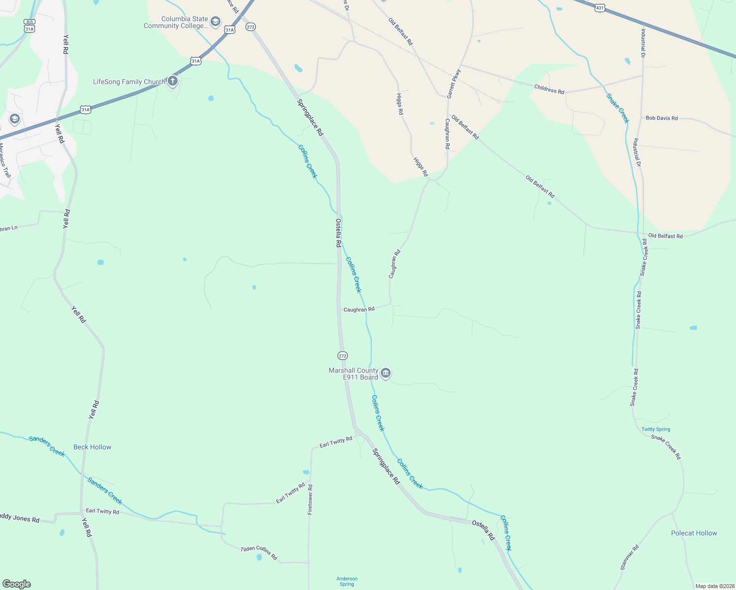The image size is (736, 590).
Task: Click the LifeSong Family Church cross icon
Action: (172, 81)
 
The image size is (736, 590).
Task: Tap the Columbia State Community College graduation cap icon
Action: (215, 22)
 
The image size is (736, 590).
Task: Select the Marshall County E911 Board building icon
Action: (386, 374)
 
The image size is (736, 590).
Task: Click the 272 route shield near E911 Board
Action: (342, 355)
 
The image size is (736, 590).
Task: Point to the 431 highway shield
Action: (600, 8)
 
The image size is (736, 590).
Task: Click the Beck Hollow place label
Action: (92, 447)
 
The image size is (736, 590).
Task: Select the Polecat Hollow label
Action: (694, 533)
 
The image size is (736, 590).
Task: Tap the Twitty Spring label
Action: (655, 429)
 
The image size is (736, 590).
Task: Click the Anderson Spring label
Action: (347, 581)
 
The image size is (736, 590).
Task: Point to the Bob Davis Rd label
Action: (661, 118)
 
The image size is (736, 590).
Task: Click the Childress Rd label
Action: (549, 90)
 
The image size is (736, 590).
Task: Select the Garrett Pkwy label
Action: (454, 84)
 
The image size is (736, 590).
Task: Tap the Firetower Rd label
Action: (310, 500)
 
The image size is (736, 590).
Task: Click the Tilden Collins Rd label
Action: (259, 553)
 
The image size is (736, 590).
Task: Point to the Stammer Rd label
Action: (629, 557)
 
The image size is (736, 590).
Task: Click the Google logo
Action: (16, 584)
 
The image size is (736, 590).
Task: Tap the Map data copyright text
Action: (714, 586)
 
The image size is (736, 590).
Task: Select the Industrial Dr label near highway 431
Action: (643, 43)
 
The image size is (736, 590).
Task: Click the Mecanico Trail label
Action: (4, 161)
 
